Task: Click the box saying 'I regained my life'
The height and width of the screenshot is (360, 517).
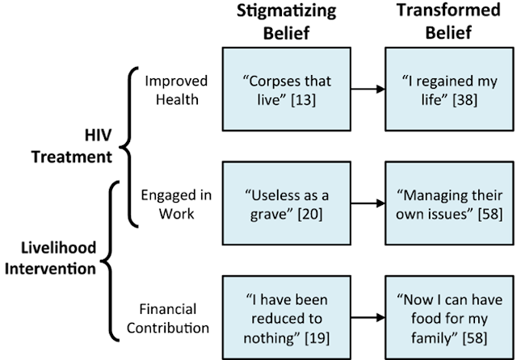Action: click(448, 89)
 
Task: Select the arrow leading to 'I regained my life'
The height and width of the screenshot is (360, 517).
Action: click(368, 89)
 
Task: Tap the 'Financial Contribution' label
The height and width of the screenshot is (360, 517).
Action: click(174, 320)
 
